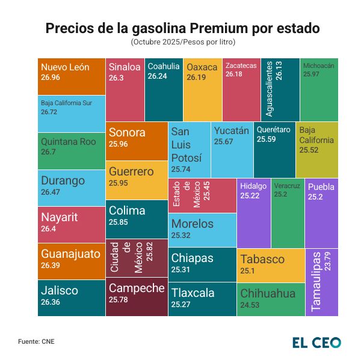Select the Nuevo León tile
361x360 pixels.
[x=72, y=76]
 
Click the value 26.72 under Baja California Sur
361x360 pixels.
[x=49, y=112]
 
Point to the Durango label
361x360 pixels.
[x=63, y=180]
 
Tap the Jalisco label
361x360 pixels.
[x=59, y=290]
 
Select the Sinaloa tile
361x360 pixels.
[x=125, y=90]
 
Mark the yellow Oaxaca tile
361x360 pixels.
[x=202, y=90]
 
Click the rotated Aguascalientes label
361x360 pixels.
[x=269, y=88]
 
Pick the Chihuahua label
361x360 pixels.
[x=268, y=293]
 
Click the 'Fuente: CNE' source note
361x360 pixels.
[x=36, y=341]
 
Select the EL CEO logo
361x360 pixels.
[x=316, y=343]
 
